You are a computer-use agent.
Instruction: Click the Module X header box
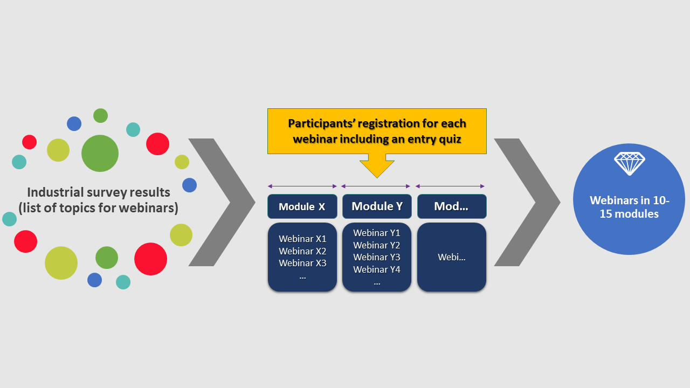coord(302,206)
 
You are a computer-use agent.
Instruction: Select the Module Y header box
coord(377,206)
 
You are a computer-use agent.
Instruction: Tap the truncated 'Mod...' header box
coord(452,206)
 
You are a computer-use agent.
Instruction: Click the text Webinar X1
coord(302,239)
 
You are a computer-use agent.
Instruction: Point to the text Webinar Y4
coord(377,269)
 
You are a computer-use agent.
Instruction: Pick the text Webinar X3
coord(302,264)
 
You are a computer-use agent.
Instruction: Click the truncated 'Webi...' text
coord(452,258)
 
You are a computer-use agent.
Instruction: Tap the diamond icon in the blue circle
coord(629,163)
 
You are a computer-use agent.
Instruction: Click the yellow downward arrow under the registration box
coord(377,165)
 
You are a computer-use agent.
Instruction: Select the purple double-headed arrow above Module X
coord(302,186)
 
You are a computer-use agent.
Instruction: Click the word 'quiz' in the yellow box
coord(451,140)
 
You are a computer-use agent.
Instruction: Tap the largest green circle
coord(100,154)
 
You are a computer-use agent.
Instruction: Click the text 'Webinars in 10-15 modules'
coord(629,207)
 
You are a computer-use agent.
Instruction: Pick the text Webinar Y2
coord(377,245)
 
